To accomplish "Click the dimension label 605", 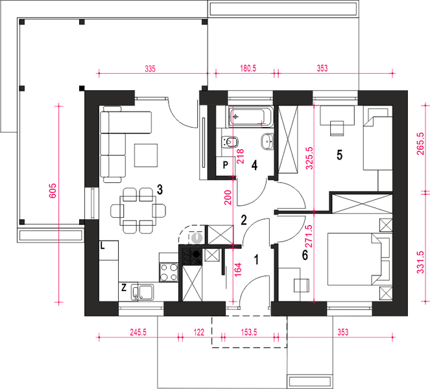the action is (x=53, y=191).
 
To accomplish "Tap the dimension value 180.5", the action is (x=248, y=68).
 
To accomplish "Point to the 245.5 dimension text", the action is (x=138, y=332).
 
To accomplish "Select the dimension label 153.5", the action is (x=249, y=332).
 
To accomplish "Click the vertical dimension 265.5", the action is (x=421, y=144).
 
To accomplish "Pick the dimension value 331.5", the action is (x=421, y=263).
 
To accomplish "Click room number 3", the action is (x=160, y=189).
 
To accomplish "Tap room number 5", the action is (x=339, y=155).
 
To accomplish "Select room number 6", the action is (x=305, y=255).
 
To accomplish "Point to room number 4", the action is (x=254, y=165).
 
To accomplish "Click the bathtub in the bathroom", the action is (x=251, y=117).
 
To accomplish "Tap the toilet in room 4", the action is (x=229, y=142).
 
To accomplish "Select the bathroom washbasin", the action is (x=267, y=141).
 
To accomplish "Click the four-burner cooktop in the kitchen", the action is (x=169, y=272).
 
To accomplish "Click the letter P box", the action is (x=225, y=166).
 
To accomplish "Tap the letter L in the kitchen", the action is (x=102, y=246).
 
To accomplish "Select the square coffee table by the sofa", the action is (x=146, y=156).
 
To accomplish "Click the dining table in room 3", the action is (x=137, y=210).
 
